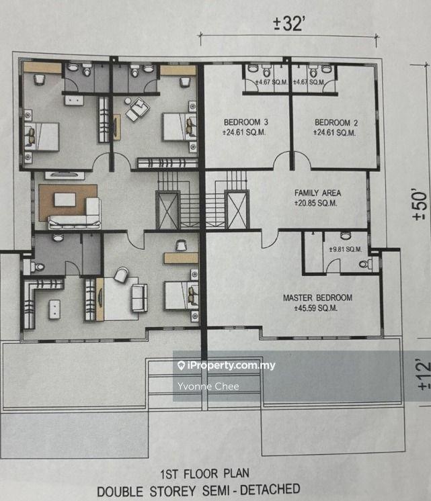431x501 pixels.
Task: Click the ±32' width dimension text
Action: [x=288, y=24]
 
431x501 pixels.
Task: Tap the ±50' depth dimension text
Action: [x=420, y=206]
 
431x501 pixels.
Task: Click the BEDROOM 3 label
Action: [x=245, y=122]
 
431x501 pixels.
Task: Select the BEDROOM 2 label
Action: [x=336, y=123]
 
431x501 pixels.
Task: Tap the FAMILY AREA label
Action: [x=317, y=193]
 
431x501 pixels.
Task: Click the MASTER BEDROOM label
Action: [x=317, y=298]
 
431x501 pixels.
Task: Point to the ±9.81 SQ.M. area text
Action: [x=345, y=249]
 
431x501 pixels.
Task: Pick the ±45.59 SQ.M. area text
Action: [x=315, y=308]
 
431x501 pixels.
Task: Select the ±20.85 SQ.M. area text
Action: [x=315, y=203]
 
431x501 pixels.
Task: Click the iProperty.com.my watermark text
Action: [x=227, y=365]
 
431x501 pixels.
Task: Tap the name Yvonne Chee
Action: [x=208, y=386]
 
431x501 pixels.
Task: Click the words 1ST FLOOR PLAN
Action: [x=204, y=474]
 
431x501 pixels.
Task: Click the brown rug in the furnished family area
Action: [x=68, y=202]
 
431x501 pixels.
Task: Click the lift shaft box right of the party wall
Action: [x=237, y=210]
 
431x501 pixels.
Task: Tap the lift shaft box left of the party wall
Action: [x=167, y=210]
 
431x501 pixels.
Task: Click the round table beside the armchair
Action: [x=128, y=101]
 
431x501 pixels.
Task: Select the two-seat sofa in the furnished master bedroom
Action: [x=139, y=298]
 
